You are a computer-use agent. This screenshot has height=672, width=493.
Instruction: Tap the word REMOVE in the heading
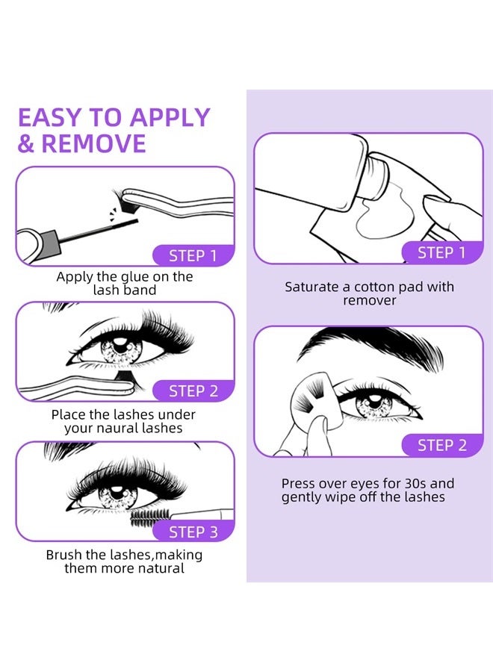[x=93, y=144]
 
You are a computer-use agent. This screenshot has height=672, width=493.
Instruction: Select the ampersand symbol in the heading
[x=26, y=144]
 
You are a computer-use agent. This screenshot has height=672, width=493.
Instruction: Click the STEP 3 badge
[x=193, y=532]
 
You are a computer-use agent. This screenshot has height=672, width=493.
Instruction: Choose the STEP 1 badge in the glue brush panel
[x=193, y=255]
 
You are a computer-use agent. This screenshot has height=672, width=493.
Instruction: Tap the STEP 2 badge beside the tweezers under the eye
[x=193, y=391]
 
